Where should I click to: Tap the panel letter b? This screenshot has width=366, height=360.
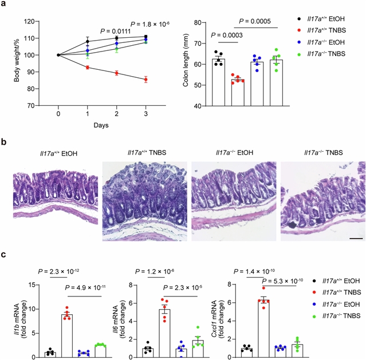(x=5, y=140)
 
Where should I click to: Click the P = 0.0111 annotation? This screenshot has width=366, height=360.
(x=116, y=31)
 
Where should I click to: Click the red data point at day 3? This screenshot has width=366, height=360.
(x=146, y=80)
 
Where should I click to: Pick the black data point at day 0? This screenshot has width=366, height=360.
(x=58, y=55)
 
